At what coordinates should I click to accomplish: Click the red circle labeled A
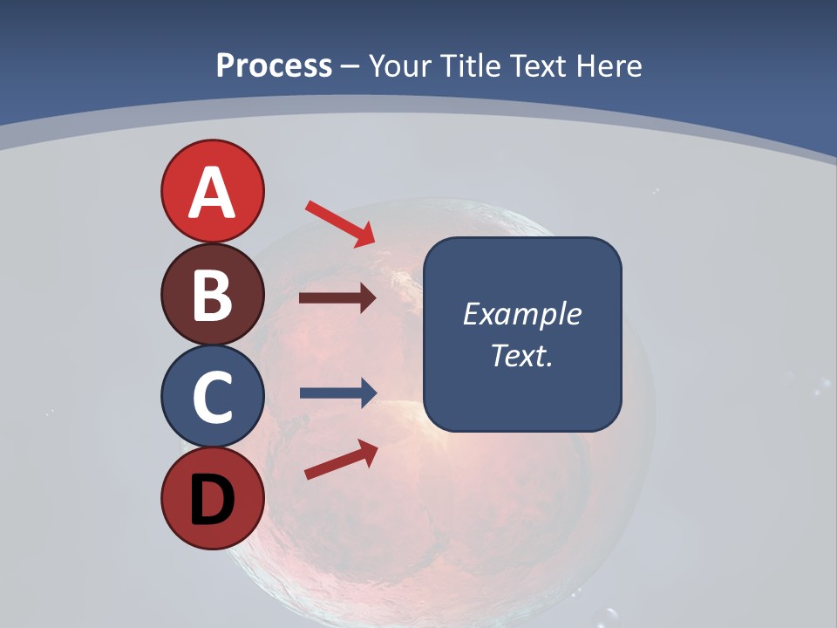point(212,191)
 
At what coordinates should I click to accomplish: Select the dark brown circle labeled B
point(212,294)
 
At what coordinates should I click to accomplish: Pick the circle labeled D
point(212,498)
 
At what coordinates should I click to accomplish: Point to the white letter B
point(212,295)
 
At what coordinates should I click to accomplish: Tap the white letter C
point(212,397)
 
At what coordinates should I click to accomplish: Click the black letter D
point(212,500)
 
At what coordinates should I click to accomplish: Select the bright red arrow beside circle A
point(340,223)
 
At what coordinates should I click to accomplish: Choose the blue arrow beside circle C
point(337,393)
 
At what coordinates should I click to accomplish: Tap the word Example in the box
point(522,314)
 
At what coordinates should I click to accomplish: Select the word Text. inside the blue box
point(522,356)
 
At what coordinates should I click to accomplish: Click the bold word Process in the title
point(274,65)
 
